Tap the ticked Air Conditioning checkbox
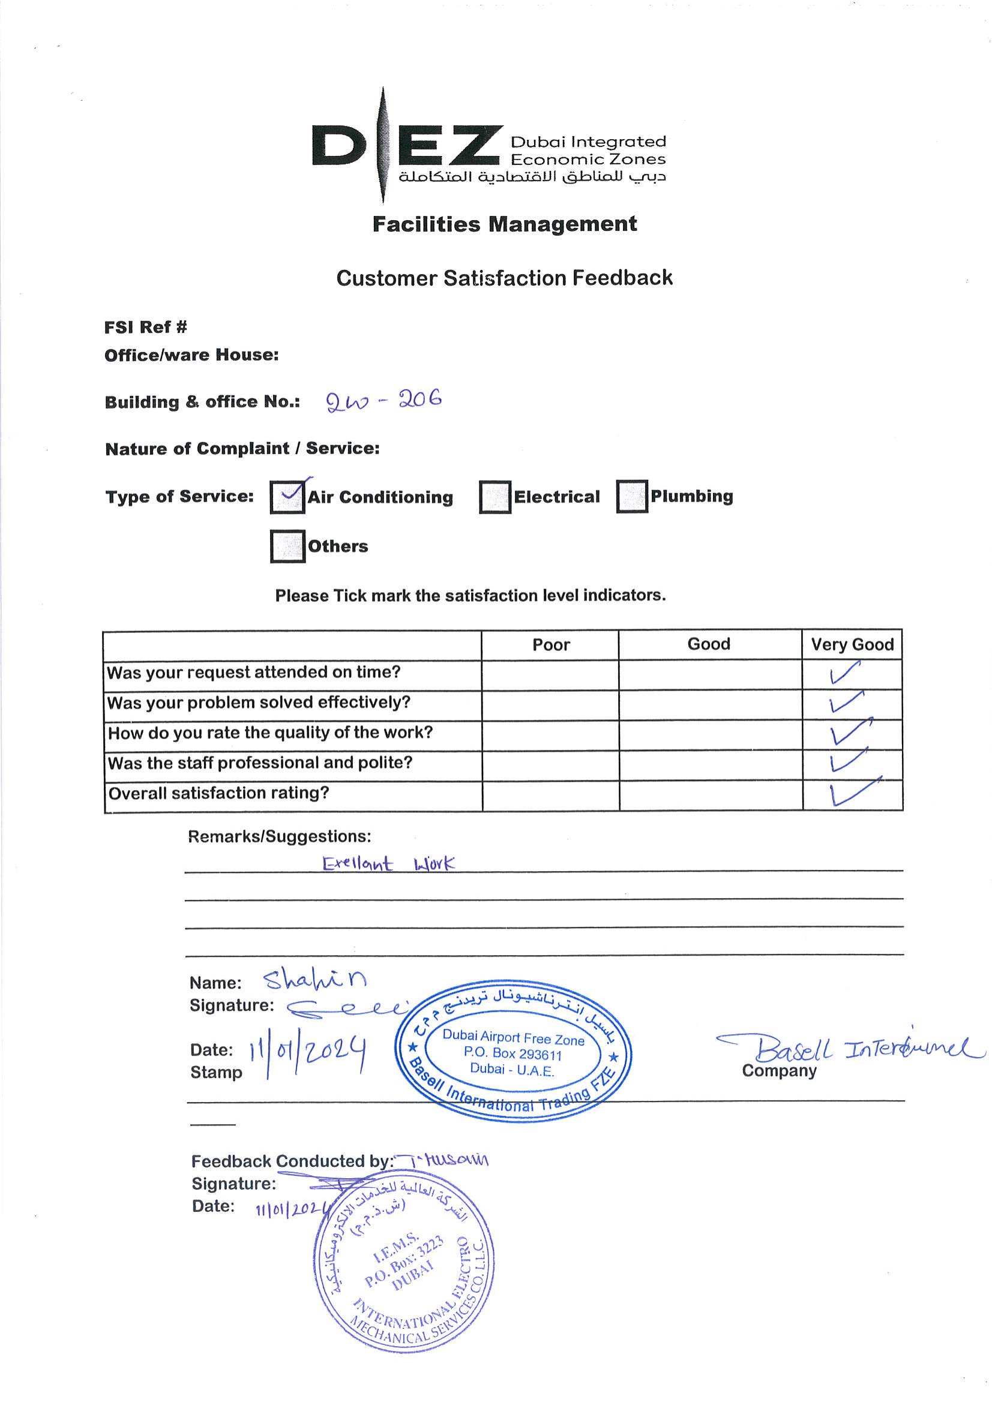(287, 497)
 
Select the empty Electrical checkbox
(494, 497)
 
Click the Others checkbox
(287, 546)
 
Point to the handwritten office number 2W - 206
(383, 401)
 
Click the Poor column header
(550, 645)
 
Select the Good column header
(709, 644)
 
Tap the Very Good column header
(852, 645)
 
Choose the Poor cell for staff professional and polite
(550, 764)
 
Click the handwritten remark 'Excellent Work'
(388, 863)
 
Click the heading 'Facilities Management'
(505, 224)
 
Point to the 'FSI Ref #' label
(145, 328)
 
